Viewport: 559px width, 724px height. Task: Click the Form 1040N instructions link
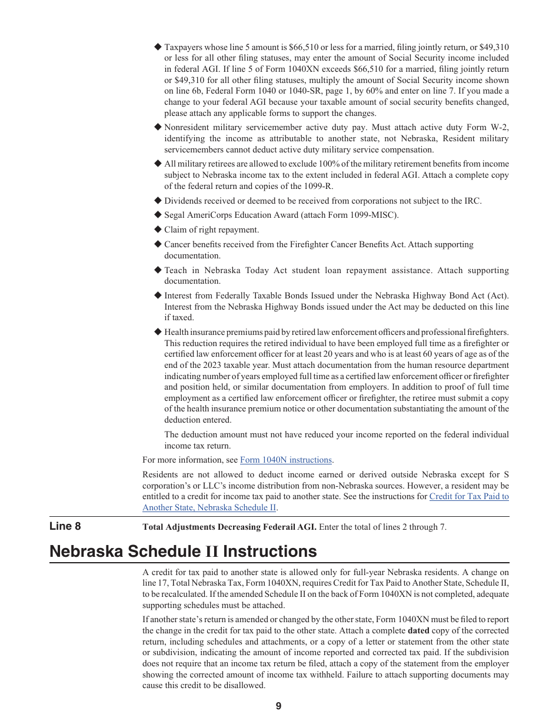[x=286, y=460]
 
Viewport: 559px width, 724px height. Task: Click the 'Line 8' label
[x=65, y=526]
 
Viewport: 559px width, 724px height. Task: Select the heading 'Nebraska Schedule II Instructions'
[x=183, y=552]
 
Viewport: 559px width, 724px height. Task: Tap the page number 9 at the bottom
[x=278, y=706]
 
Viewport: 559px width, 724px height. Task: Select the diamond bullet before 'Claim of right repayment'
[x=158, y=230]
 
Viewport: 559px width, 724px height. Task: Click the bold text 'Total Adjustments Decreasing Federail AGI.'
[x=229, y=527]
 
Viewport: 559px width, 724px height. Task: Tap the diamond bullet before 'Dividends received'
[x=158, y=201]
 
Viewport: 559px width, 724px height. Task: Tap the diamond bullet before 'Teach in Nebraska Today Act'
[x=158, y=270]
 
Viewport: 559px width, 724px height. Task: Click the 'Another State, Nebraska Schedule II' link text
[x=209, y=507]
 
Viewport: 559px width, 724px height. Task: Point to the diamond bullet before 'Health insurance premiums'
[x=158, y=332]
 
